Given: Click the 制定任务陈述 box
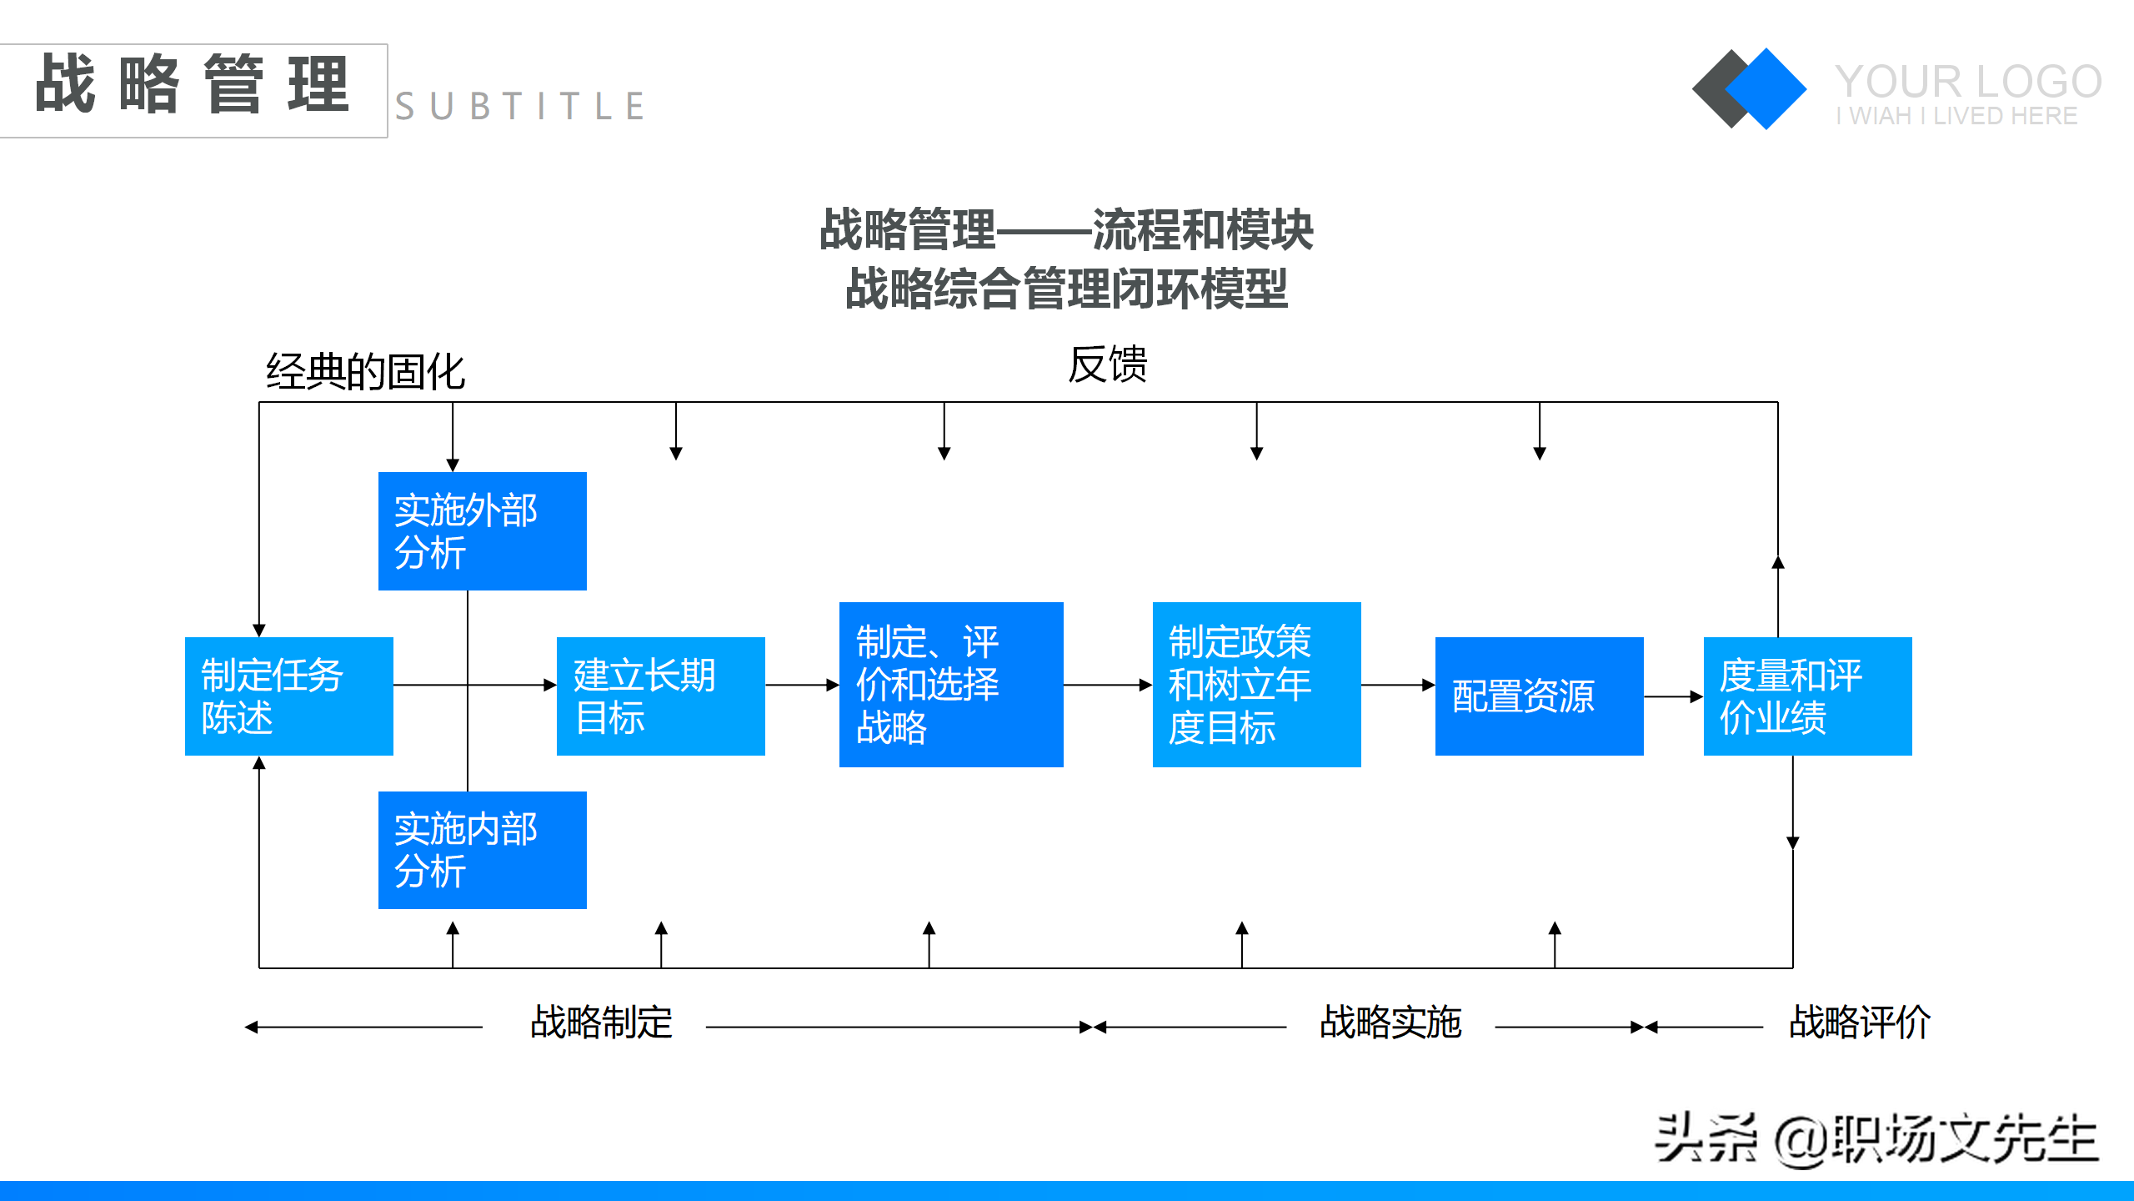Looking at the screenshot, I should (x=288, y=696).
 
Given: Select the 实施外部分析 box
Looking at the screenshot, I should (x=482, y=531).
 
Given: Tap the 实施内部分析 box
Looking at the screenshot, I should (x=482, y=850).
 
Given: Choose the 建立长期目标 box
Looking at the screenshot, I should (x=660, y=696).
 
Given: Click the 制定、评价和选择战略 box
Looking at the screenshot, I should (x=950, y=684).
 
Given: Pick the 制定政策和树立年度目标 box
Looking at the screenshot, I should (x=1256, y=684).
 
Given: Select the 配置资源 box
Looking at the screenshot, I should (x=1539, y=696).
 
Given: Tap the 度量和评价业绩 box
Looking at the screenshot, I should (x=1807, y=696).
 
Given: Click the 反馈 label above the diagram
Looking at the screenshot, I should (x=1107, y=364).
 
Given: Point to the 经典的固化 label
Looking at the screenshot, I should (x=365, y=371).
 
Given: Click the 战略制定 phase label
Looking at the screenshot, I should (x=601, y=1022).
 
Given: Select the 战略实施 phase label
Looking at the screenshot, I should (x=1390, y=1022).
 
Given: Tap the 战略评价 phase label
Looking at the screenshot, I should (x=1859, y=1022).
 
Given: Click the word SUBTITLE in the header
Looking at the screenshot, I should (x=520, y=107).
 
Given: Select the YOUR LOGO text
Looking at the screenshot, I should (x=1967, y=82).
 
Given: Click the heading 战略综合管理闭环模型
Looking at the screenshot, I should (x=1066, y=289).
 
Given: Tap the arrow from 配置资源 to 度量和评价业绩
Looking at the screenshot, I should (x=1673, y=696).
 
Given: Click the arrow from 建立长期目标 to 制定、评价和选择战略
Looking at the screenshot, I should (x=801, y=685).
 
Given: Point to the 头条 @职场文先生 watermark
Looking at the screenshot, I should (x=1876, y=1138).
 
